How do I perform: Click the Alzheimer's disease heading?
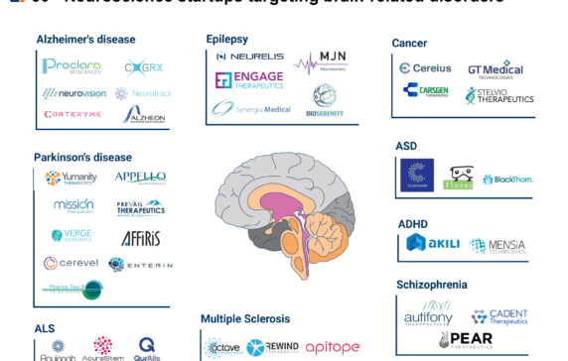[x=85, y=40]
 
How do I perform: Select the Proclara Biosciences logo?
[x=71, y=66]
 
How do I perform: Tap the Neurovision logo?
[x=73, y=93]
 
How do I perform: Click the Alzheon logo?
[x=143, y=114]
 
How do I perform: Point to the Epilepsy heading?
[x=226, y=38]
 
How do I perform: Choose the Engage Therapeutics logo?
[x=249, y=80]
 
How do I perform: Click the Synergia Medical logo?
[x=250, y=108]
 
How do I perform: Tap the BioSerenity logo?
[x=324, y=97]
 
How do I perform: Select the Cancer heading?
[x=409, y=43]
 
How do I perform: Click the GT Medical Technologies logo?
[x=495, y=69]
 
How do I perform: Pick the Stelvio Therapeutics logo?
[x=498, y=96]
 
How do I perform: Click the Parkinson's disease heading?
[x=82, y=157]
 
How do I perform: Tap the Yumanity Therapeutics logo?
[x=71, y=179]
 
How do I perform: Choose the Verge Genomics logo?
[x=71, y=236]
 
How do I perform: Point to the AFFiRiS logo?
[x=140, y=238]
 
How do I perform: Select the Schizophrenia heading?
[x=432, y=285]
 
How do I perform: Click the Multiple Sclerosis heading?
[x=245, y=318]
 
